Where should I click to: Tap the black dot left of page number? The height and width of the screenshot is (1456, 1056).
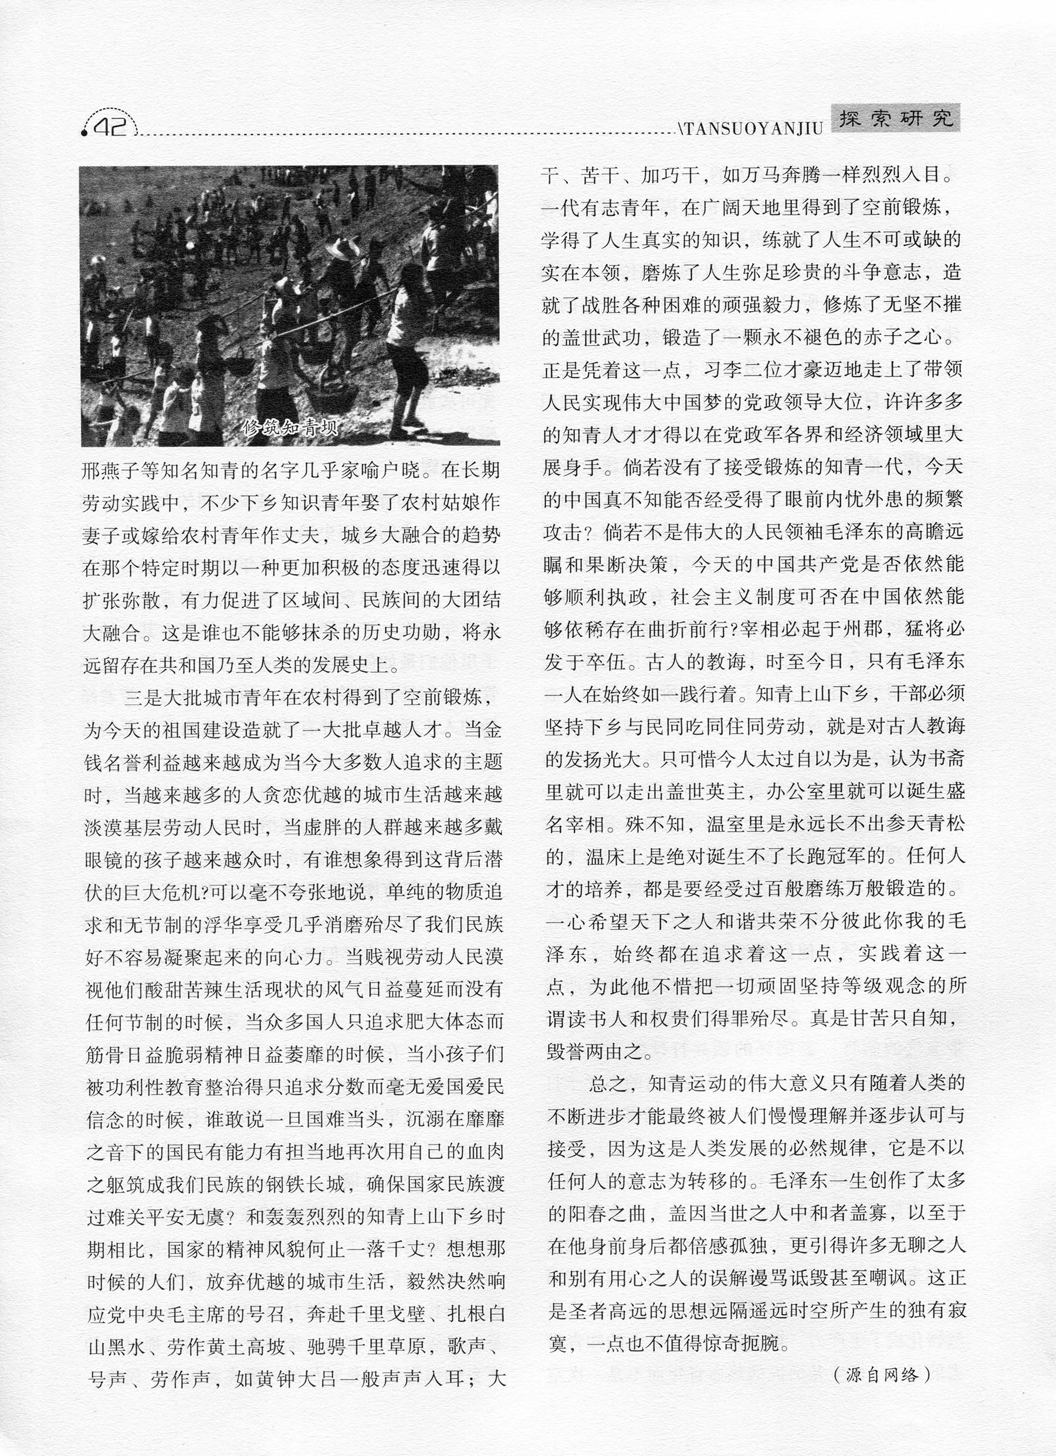click(84, 133)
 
